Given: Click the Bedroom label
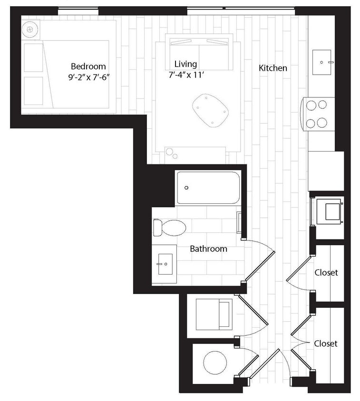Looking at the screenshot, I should click(x=88, y=67).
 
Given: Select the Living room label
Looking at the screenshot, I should click(x=185, y=64).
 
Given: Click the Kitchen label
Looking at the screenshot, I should click(x=272, y=68).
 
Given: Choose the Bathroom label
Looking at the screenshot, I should click(x=208, y=248).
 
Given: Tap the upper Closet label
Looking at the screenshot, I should click(x=326, y=273).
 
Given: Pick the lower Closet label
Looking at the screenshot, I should click(x=326, y=343).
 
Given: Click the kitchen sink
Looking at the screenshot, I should click(x=322, y=62).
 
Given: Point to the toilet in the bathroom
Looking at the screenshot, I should click(x=169, y=228).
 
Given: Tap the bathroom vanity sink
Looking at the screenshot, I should click(x=165, y=264).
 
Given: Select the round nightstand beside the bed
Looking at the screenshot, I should click(x=30, y=29).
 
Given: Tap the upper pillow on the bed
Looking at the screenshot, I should click(x=34, y=58).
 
